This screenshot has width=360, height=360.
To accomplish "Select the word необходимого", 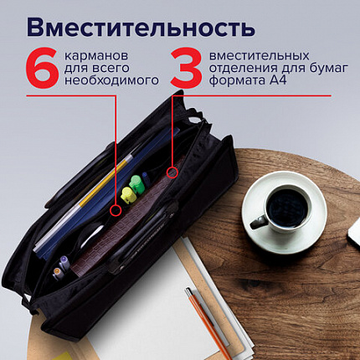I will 112,82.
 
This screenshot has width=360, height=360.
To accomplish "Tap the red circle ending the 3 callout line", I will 172,172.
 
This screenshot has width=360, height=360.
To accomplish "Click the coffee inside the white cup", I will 287,203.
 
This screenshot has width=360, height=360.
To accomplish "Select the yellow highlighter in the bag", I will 128,195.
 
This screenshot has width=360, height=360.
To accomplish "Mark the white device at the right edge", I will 353,229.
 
